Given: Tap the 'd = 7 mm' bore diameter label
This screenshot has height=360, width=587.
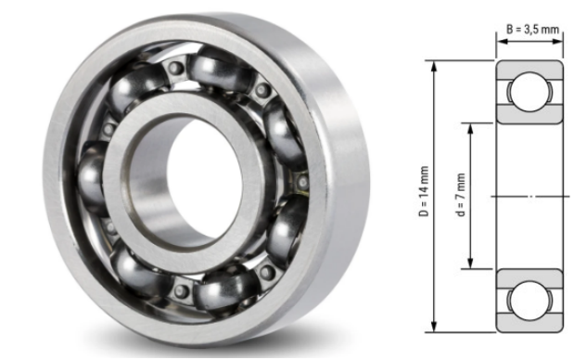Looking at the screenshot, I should pyautogui.click(x=461, y=196).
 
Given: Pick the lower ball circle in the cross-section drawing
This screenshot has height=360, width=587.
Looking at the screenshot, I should pyautogui.click(x=529, y=300).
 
